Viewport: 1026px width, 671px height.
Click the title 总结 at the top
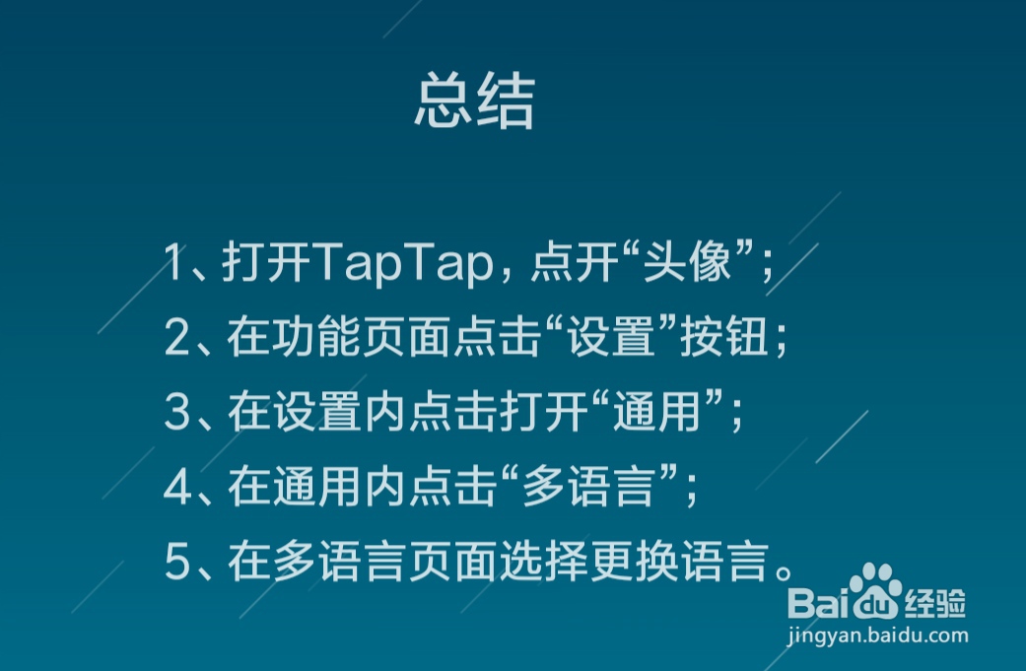[x=475, y=101]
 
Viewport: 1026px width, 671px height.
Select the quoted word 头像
[x=687, y=261]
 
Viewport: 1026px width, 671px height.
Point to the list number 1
[x=172, y=262]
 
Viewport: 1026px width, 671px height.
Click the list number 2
[x=176, y=337]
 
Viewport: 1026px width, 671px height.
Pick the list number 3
[x=176, y=412]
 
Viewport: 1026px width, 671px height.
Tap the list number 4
[x=177, y=487]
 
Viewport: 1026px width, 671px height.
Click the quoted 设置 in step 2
[x=612, y=336]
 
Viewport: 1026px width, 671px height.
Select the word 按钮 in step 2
[x=724, y=336]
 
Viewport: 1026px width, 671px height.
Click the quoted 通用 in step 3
[x=657, y=411]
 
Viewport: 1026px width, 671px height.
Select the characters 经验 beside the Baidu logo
[x=935, y=603]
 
